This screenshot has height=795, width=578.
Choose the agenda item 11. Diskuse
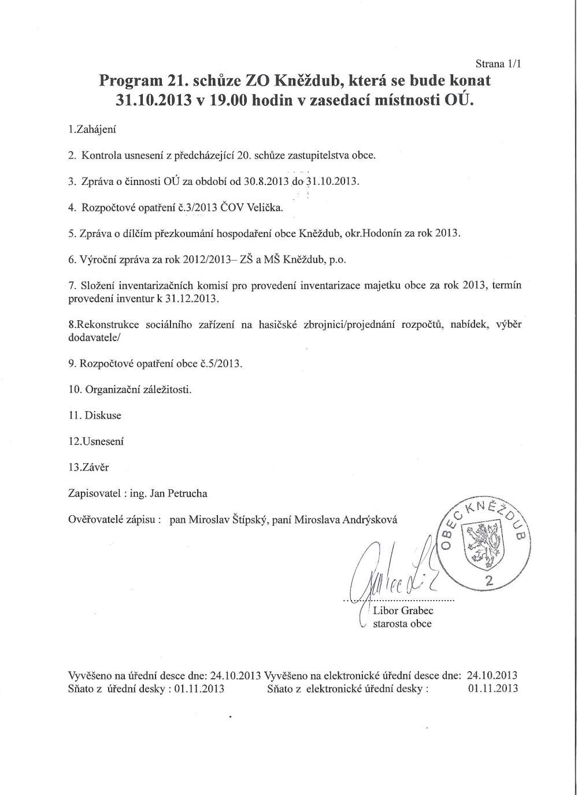pyautogui.click(x=95, y=415)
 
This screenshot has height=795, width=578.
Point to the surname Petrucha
pyautogui.click(x=187, y=493)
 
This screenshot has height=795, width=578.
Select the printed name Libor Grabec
pyautogui.click(x=403, y=611)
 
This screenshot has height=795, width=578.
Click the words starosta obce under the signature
pyautogui.click(x=402, y=624)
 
